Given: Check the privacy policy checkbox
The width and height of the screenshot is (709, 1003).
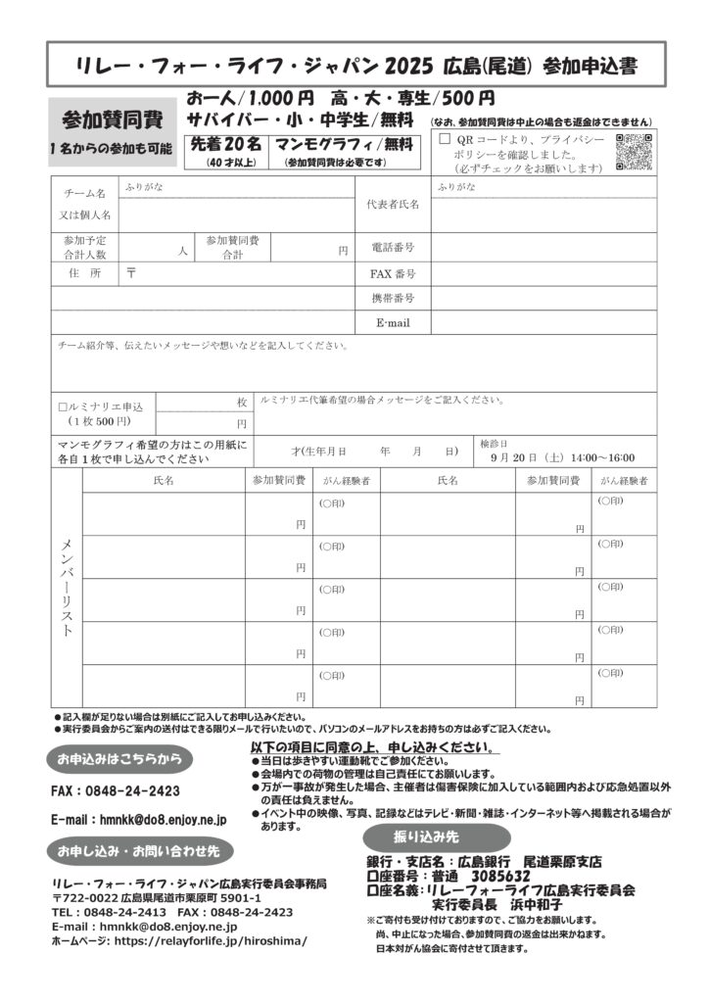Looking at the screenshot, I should coord(445,139).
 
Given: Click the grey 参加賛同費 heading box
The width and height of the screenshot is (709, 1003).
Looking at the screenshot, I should coord(112,120).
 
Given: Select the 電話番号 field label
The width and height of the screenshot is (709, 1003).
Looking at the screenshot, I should coord(393,248).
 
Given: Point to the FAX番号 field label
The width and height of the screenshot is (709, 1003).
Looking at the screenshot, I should coord(393,273).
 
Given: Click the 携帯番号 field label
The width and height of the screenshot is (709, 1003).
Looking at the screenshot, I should coord(393,298).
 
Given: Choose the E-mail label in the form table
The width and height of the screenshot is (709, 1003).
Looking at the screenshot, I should coord(393,322).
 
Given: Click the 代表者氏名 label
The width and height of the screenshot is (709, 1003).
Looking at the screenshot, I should coord(393,204).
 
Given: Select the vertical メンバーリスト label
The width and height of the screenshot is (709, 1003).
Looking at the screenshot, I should coord(67,588).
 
